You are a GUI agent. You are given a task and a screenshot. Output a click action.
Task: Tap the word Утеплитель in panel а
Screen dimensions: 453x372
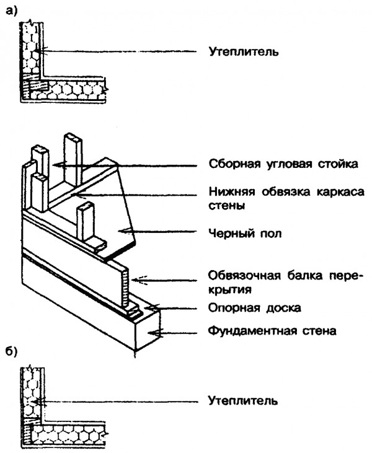tap(243, 51)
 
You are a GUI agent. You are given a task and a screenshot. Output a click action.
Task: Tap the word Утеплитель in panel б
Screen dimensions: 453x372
tap(243, 400)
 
